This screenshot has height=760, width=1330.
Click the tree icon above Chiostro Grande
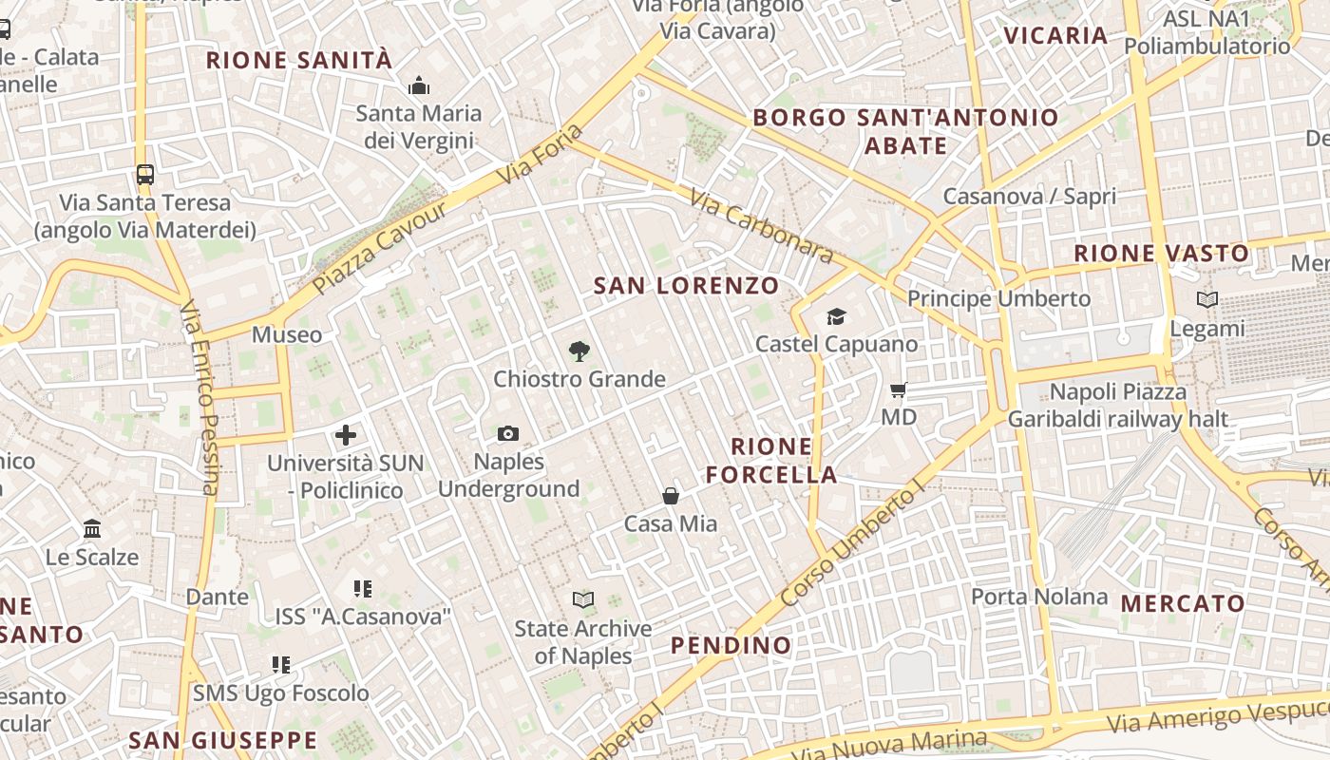click(x=579, y=351)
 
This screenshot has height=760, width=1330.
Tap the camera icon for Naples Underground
click(x=508, y=434)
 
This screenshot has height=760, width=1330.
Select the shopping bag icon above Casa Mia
click(x=671, y=496)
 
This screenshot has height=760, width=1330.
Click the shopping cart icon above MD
click(x=898, y=390)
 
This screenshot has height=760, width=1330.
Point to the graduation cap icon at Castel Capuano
click(x=836, y=316)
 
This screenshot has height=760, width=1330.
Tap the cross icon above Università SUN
click(x=346, y=436)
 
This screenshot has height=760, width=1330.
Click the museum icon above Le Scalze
click(x=92, y=529)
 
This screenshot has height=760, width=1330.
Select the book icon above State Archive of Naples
click(x=583, y=600)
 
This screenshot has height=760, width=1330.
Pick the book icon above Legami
click(x=1207, y=300)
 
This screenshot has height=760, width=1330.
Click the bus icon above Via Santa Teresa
click(x=144, y=175)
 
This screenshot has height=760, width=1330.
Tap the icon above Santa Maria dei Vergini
click(x=419, y=86)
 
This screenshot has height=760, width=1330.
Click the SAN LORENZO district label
click(x=686, y=285)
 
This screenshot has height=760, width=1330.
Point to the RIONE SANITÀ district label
click(x=299, y=61)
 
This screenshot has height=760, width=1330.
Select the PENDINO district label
click(x=731, y=646)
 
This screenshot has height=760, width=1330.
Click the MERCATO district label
click(x=1183, y=603)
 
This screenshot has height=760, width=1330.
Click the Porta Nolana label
click(x=1039, y=597)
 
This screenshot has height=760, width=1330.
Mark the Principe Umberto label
click(x=998, y=298)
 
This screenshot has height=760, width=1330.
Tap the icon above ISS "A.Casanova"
click(x=362, y=589)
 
